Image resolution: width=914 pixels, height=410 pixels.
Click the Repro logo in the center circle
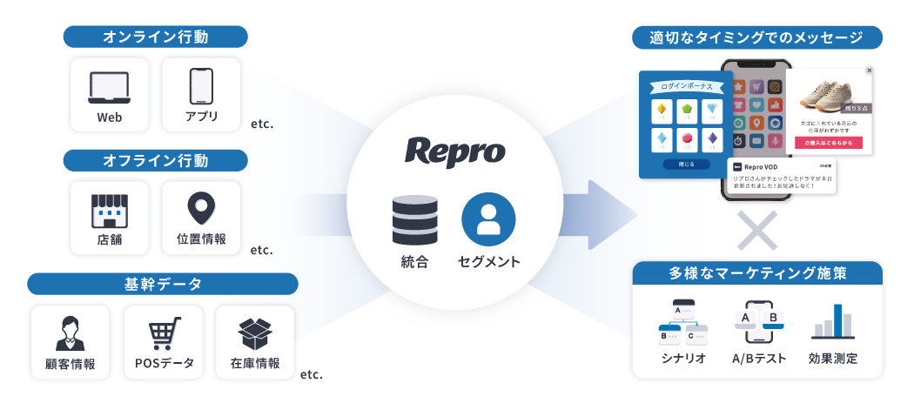(454, 150)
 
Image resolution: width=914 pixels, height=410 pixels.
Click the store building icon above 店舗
(109, 210)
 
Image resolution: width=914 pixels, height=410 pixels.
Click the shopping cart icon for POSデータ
(164, 333)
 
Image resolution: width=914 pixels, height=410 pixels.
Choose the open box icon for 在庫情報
(256, 333)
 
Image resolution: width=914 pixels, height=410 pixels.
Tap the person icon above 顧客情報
(71, 333)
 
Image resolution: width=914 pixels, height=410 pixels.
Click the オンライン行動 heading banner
(155, 37)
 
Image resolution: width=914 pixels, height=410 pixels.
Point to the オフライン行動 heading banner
(155, 160)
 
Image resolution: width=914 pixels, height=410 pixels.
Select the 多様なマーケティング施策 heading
(757, 273)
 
